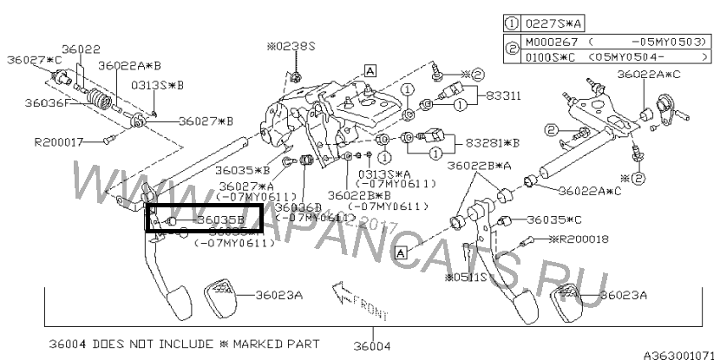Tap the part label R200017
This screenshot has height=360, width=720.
(59, 140)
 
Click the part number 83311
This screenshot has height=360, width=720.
(503, 95)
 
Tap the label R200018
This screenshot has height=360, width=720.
(579, 239)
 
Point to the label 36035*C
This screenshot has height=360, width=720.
(551, 219)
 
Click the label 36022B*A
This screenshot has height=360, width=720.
(479, 165)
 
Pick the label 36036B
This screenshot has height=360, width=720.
(298, 207)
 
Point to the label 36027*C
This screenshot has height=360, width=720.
(35, 59)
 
